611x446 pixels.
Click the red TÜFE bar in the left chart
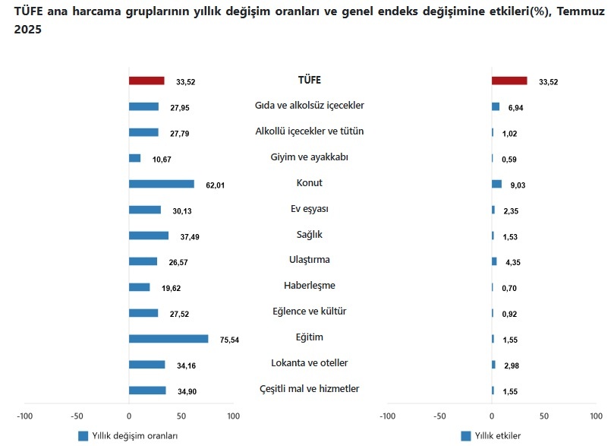pyautogui.click(x=146, y=81)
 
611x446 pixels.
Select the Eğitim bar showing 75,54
pyautogui.click(x=168, y=339)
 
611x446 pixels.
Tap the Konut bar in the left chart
pyautogui.click(x=162, y=184)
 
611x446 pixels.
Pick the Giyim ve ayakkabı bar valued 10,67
pyautogui.click(x=134, y=158)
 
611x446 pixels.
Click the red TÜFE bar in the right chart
pyautogui.click(x=509, y=81)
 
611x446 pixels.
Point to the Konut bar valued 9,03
pyautogui.click(x=496, y=184)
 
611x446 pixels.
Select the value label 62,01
pyautogui.click(x=216, y=185)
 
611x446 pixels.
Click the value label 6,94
pyautogui.click(x=515, y=108)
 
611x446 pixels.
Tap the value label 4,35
pyautogui.click(x=512, y=263)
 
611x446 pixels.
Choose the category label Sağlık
pyautogui.click(x=309, y=234)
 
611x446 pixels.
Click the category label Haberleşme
pyautogui.click(x=309, y=286)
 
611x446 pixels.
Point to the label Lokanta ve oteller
pyautogui.click(x=309, y=363)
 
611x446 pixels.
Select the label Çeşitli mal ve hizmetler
pyautogui.click(x=309, y=389)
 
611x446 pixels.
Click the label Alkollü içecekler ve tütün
pyautogui.click(x=309, y=131)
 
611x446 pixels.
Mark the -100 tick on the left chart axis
pyautogui.click(x=25, y=416)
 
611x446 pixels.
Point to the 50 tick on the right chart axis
pyautogui.click(x=544, y=416)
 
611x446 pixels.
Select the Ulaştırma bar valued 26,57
pyautogui.click(x=143, y=261)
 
